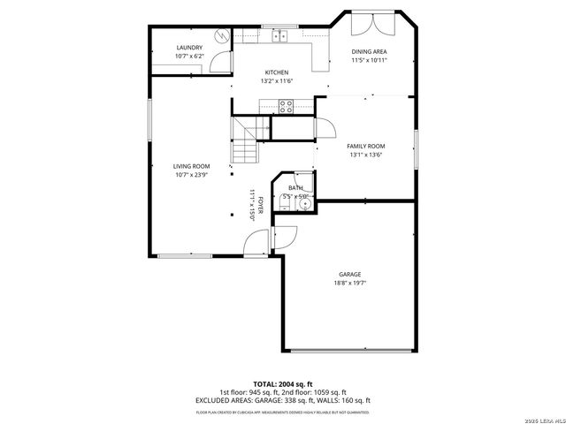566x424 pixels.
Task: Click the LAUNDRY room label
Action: [189, 48]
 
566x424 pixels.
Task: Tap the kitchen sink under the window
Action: [279, 36]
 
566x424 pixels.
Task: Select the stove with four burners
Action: [287, 106]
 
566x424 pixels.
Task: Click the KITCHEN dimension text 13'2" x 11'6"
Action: [277, 81]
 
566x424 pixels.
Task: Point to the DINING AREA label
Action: [370, 51]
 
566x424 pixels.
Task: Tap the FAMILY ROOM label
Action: [365, 146]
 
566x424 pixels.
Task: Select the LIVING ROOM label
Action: [191, 166]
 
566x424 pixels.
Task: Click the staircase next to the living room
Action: [245, 141]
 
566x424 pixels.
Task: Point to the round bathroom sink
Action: [304, 202]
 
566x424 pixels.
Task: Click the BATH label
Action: [295, 187]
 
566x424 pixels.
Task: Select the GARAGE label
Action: [349, 275]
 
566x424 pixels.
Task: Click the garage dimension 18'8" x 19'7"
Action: [349, 284]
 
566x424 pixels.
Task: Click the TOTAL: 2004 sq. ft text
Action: [282, 384]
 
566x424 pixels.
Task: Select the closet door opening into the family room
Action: [323, 129]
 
